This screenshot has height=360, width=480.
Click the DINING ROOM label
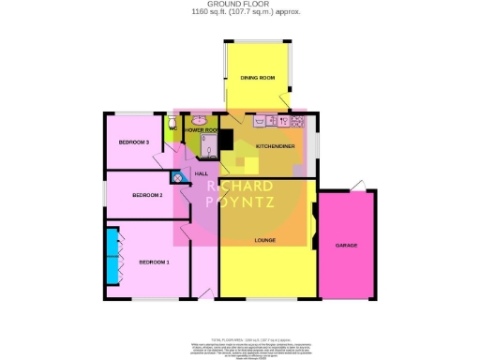257,78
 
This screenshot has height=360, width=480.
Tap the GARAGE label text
347,246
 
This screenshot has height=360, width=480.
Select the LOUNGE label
265,241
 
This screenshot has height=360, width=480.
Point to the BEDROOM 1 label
155,262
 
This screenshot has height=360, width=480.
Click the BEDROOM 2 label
148,195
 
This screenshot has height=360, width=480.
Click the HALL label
201,174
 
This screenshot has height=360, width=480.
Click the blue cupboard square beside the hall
176,176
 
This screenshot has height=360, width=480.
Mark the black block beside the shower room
225,140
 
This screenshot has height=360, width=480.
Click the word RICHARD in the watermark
240,186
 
